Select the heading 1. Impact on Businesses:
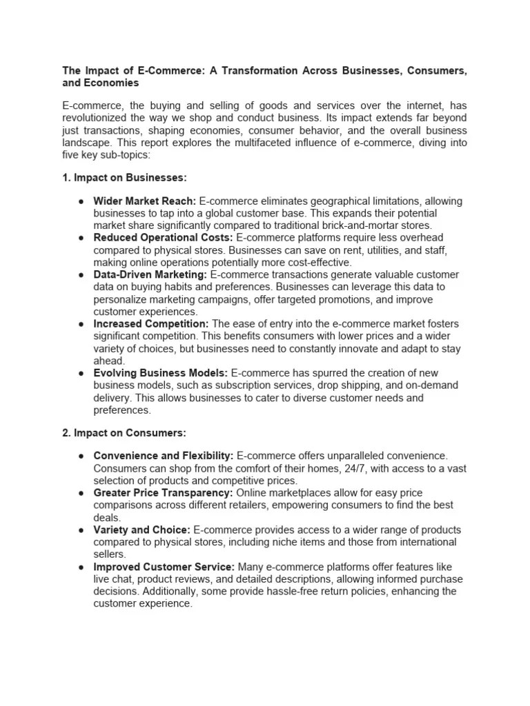(124, 177)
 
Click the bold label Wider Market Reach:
(145, 201)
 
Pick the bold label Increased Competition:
(151, 324)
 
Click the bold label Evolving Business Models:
(160, 373)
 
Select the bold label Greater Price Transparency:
(164, 494)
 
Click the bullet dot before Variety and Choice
(81, 530)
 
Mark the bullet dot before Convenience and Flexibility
(81, 456)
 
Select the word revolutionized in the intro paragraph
(97, 119)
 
